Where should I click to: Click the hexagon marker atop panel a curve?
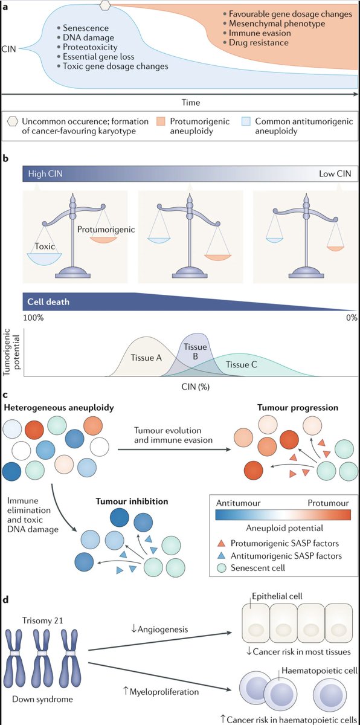pyautogui.click(x=106, y=4)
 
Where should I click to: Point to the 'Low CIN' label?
pyautogui.click(x=334, y=174)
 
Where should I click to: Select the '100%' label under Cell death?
pyautogui.click(x=33, y=318)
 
